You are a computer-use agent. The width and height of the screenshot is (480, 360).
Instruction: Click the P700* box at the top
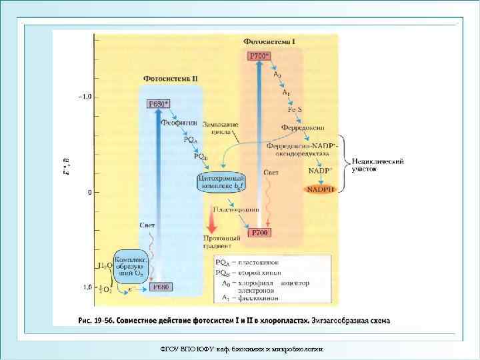click(260, 56)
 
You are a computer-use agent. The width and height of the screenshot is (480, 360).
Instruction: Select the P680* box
click(159, 103)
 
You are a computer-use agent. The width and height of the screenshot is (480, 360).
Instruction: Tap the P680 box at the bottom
click(160, 287)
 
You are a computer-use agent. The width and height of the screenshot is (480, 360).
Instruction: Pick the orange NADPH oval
click(322, 190)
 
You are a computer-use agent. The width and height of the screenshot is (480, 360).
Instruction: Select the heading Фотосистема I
click(269, 41)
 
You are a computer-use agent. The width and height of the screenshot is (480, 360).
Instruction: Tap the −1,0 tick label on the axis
click(85, 97)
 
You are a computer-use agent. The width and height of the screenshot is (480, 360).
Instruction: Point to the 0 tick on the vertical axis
click(88, 192)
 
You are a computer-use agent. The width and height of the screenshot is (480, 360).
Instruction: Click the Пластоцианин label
click(236, 209)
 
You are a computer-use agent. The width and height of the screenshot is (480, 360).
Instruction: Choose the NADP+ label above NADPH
click(319, 171)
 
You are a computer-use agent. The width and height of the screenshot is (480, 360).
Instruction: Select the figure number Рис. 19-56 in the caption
click(97, 320)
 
